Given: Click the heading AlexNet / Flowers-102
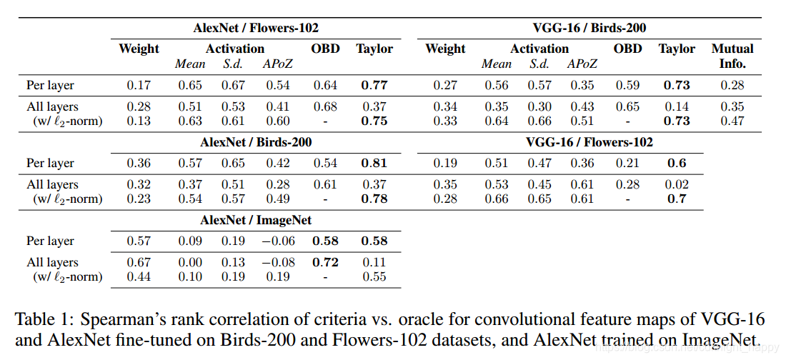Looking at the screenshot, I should (256, 28).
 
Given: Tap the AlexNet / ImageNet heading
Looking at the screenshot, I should (256, 220).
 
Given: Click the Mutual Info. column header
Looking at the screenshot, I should (732, 56).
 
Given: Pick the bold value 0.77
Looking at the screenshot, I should (374, 86).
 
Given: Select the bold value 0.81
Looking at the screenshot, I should (374, 164).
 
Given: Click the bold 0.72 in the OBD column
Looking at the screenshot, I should (326, 262).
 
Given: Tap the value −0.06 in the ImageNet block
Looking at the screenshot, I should (275, 241).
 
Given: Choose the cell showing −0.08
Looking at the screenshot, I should (275, 262).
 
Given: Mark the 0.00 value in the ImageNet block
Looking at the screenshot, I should (190, 262).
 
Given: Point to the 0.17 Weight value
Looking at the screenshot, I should (139, 86).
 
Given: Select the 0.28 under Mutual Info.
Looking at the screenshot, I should (732, 86).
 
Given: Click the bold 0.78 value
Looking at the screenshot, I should (374, 199).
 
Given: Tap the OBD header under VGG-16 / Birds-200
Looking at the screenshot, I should (627, 49).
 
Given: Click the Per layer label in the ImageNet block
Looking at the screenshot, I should (51, 241).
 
